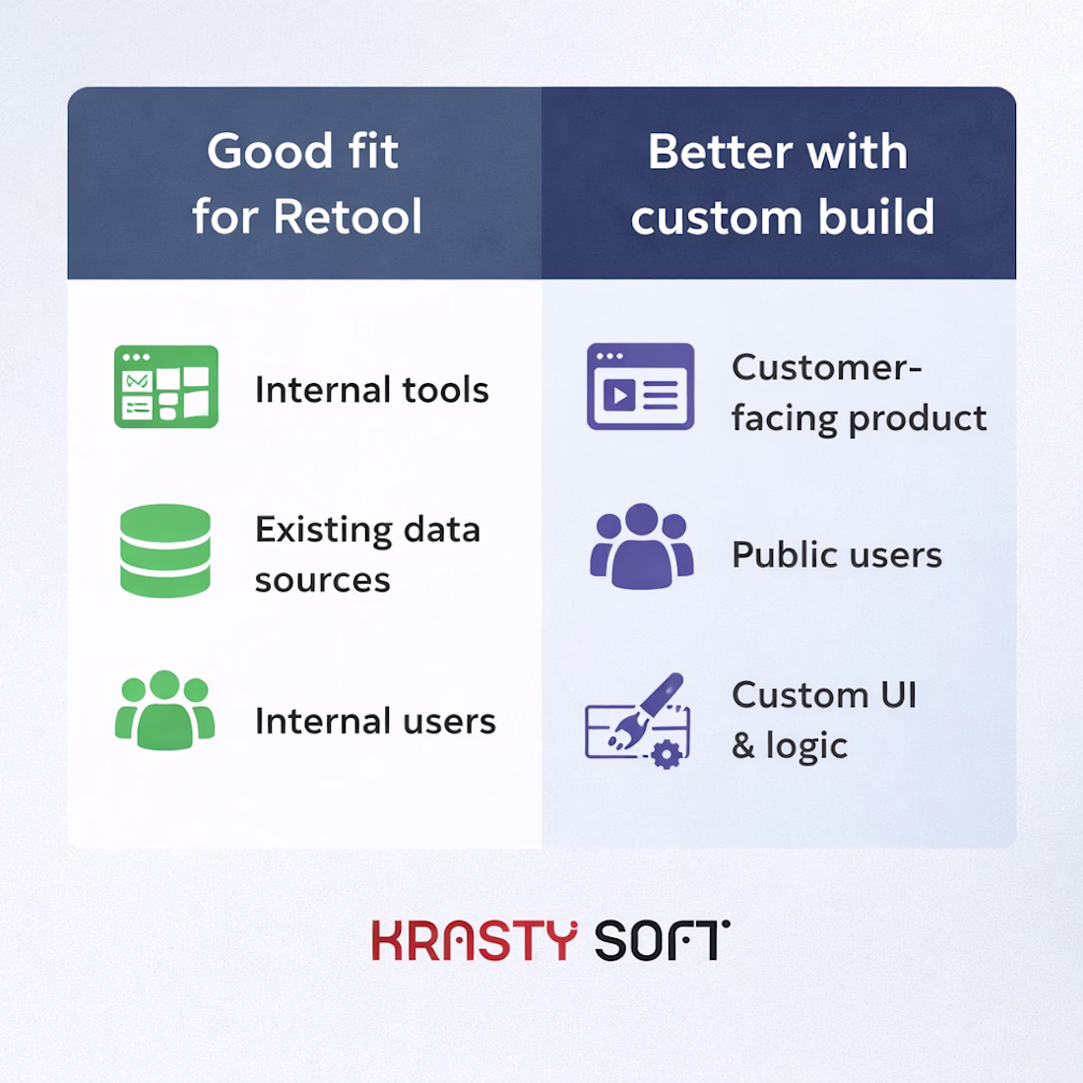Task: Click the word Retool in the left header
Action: pyautogui.click(x=348, y=217)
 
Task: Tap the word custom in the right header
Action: pyautogui.click(x=716, y=218)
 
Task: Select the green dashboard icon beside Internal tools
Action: pyautogui.click(x=165, y=387)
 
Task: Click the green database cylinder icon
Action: pyautogui.click(x=165, y=550)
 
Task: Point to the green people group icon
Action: pyautogui.click(x=164, y=711)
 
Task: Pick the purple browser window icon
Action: pyautogui.click(x=640, y=386)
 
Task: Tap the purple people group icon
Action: pyautogui.click(x=642, y=546)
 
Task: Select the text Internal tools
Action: pyautogui.click(x=371, y=390)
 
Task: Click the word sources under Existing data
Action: pyautogui.click(x=323, y=581)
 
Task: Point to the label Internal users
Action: pyautogui.click(x=375, y=721)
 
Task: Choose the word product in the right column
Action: pyautogui.click(x=918, y=419)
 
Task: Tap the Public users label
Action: pyautogui.click(x=837, y=554)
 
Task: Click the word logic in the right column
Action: pyautogui.click(x=806, y=746)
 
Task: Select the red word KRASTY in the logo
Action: pyautogui.click(x=475, y=940)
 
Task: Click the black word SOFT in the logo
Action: pyautogui.click(x=662, y=940)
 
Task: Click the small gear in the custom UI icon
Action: pyautogui.click(x=667, y=753)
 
